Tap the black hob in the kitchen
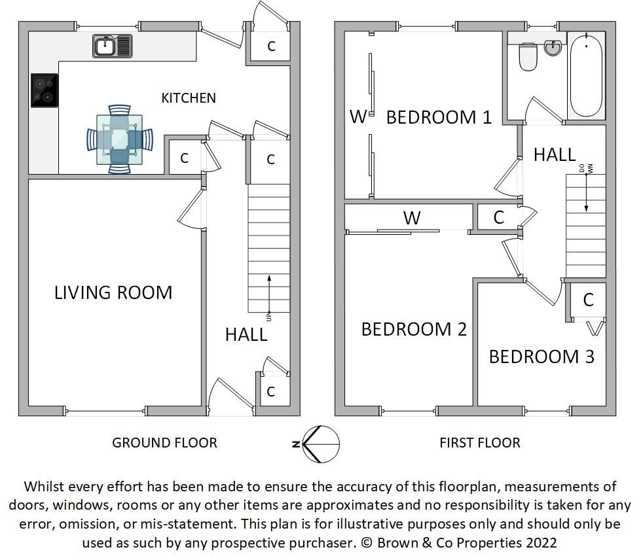point(44,90)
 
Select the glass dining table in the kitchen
point(119,139)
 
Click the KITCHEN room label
point(189,98)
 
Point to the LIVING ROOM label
point(113,292)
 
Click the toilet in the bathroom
point(527,57)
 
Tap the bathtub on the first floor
point(585,75)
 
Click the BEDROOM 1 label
point(439,118)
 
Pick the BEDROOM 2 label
point(414,329)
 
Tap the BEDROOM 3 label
point(542,357)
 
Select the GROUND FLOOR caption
point(164,443)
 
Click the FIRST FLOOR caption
point(479,443)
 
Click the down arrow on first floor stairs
point(586,193)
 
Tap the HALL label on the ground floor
point(246,334)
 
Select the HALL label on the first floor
point(555,155)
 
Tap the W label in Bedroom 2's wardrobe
point(411,218)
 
